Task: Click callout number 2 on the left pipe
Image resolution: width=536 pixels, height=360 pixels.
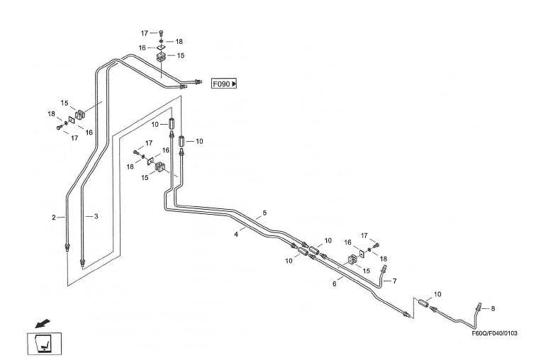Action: click(x=53, y=218)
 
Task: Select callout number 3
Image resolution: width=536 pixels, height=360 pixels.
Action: click(x=96, y=215)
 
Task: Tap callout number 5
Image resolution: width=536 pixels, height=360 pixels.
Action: click(x=264, y=213)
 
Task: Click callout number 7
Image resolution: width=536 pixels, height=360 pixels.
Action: click(x=394, y=281)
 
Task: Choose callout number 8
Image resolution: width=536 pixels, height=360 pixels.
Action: click(x=493, y=308)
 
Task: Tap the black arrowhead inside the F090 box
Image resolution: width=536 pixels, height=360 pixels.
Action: click(x=234, y=84)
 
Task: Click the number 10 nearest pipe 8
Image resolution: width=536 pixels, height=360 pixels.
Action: click(x=437, y=293)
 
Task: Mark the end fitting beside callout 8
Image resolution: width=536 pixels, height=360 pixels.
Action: click(x=481, y=308)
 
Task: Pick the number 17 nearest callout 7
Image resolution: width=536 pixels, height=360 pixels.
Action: click(x=366, y=235)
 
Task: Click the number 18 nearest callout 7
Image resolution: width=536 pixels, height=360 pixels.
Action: click(x=383, y=259)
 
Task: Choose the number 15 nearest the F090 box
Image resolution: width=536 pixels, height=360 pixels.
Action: click(x=181, y=55)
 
